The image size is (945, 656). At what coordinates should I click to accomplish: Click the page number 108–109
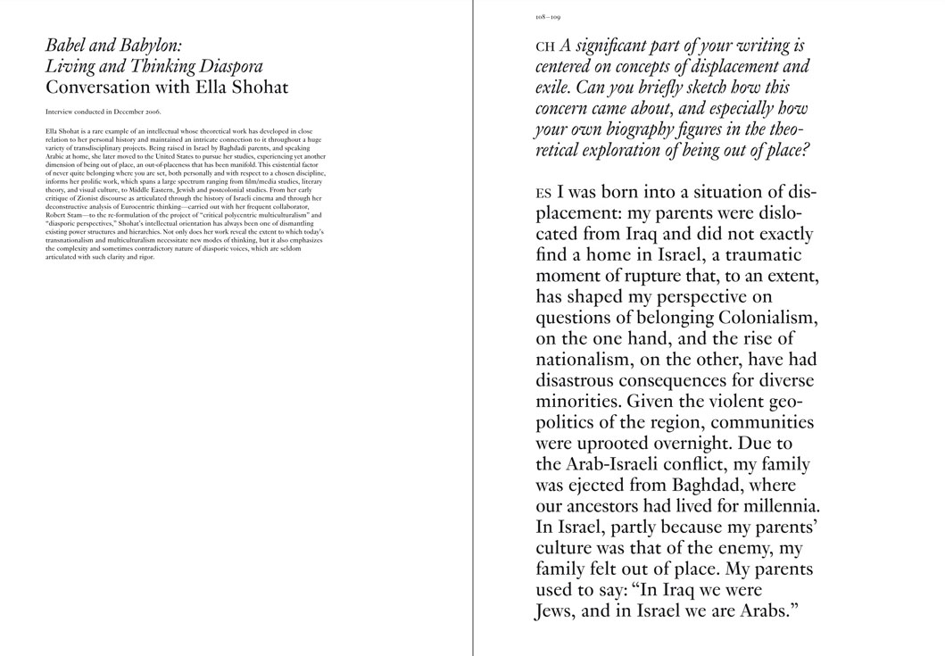click(x=548, y=17)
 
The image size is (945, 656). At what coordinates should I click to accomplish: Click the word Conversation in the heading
click(x=100, y=87)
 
